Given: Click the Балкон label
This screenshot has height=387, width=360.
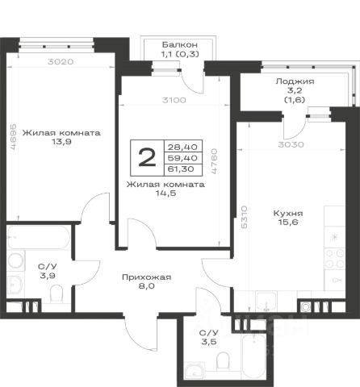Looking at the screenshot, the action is click(180, 44).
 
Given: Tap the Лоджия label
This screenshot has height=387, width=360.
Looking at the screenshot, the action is click(295, 81).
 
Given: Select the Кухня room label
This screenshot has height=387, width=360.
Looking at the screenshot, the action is click(288, 214).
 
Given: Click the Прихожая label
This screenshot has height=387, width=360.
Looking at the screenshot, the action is click(147, 277).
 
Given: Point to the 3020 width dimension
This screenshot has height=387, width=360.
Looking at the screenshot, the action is click(61, 61).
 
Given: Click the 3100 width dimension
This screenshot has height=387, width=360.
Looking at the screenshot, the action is click(174, 100).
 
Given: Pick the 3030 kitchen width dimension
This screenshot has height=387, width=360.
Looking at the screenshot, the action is click(291, 144).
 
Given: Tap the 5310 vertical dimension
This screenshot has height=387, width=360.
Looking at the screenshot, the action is click(244, 217).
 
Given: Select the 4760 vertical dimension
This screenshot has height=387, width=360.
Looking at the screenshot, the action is click(214, 161).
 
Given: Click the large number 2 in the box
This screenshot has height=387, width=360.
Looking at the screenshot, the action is click(147, 158).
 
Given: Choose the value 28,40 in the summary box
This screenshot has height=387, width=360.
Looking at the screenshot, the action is click(182, 147).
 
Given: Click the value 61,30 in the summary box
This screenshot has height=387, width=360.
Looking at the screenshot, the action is click(181, 169).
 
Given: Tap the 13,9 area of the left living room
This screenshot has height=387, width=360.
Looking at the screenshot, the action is click(61, 142).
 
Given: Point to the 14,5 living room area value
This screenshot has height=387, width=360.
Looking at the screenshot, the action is click(165, 193).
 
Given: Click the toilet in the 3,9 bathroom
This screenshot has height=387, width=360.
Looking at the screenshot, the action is click(57, 293).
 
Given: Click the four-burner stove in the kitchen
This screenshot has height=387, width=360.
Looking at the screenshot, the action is click(335, 259).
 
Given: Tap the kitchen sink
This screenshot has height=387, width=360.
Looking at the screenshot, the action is click(266, 302).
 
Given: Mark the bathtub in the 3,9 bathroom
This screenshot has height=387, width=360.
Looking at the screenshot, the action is click(39, 237).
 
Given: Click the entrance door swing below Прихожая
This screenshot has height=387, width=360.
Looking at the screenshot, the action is click(140, 333).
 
